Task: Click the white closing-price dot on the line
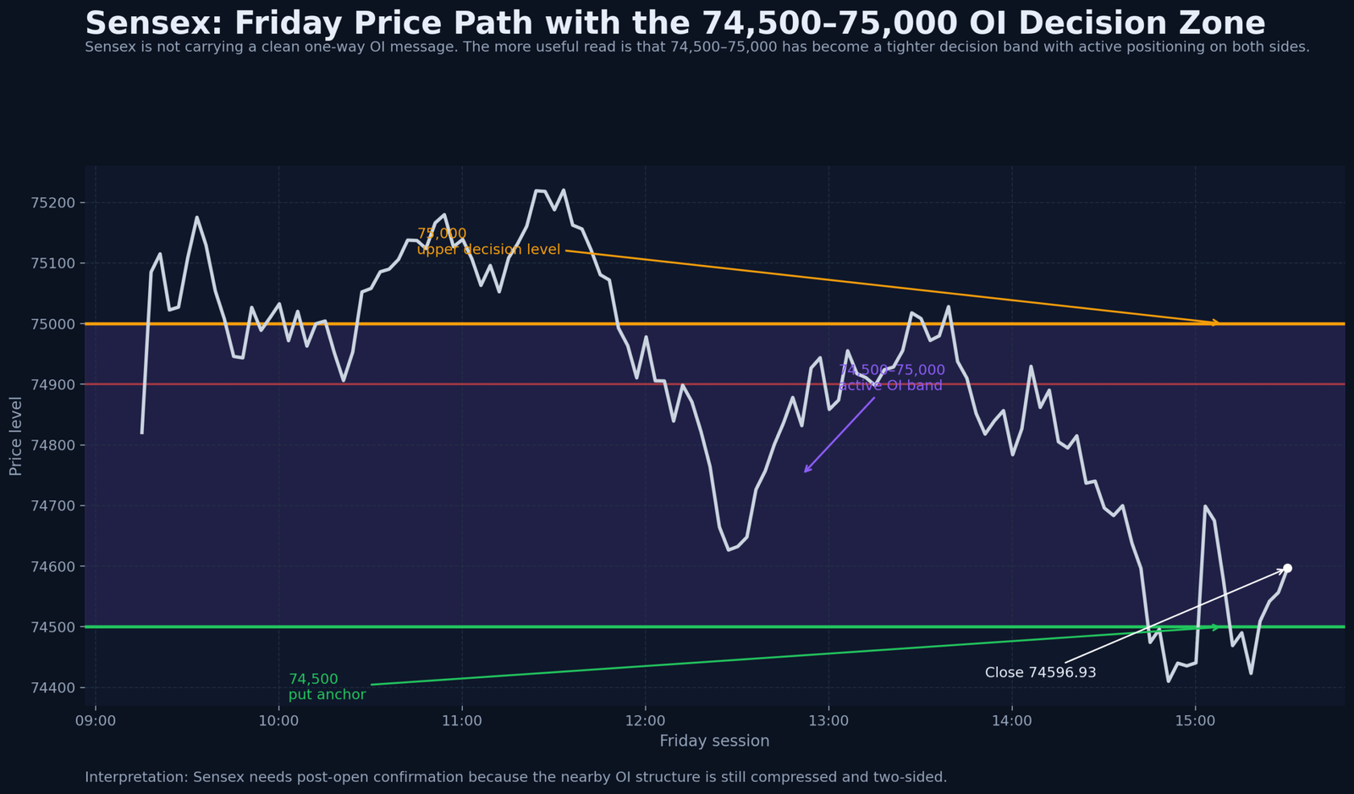coord(1287,568)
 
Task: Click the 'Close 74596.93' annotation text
coord(1040,673)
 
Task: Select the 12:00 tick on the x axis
coord(645,721)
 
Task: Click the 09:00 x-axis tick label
coord(96,721)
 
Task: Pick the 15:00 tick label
coord(1195,721)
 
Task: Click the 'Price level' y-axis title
coord(15,436)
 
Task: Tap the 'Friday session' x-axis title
coord(714,742)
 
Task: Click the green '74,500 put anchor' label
coord(327,687)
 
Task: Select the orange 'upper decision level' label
coord(488,250)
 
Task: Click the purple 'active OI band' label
coord(890,385)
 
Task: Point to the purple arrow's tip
coord(805,472)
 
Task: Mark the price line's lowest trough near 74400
coord(1169,681)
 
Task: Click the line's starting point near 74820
coord(142,433)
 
